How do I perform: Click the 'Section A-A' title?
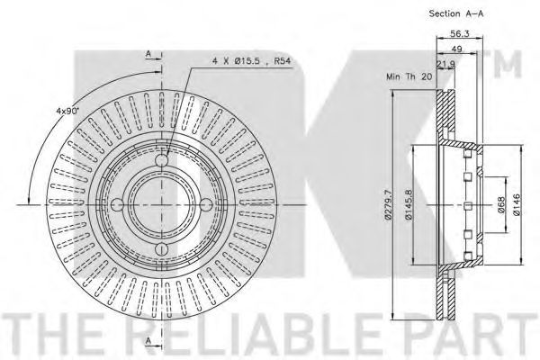456,13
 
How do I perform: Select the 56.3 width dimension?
460,33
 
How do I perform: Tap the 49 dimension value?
456,49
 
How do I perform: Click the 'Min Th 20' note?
409,76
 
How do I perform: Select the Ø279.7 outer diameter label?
388,204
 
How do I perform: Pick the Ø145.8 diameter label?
409,204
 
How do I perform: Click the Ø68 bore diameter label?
501,204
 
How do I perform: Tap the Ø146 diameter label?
517,204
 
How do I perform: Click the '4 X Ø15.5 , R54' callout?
252,61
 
